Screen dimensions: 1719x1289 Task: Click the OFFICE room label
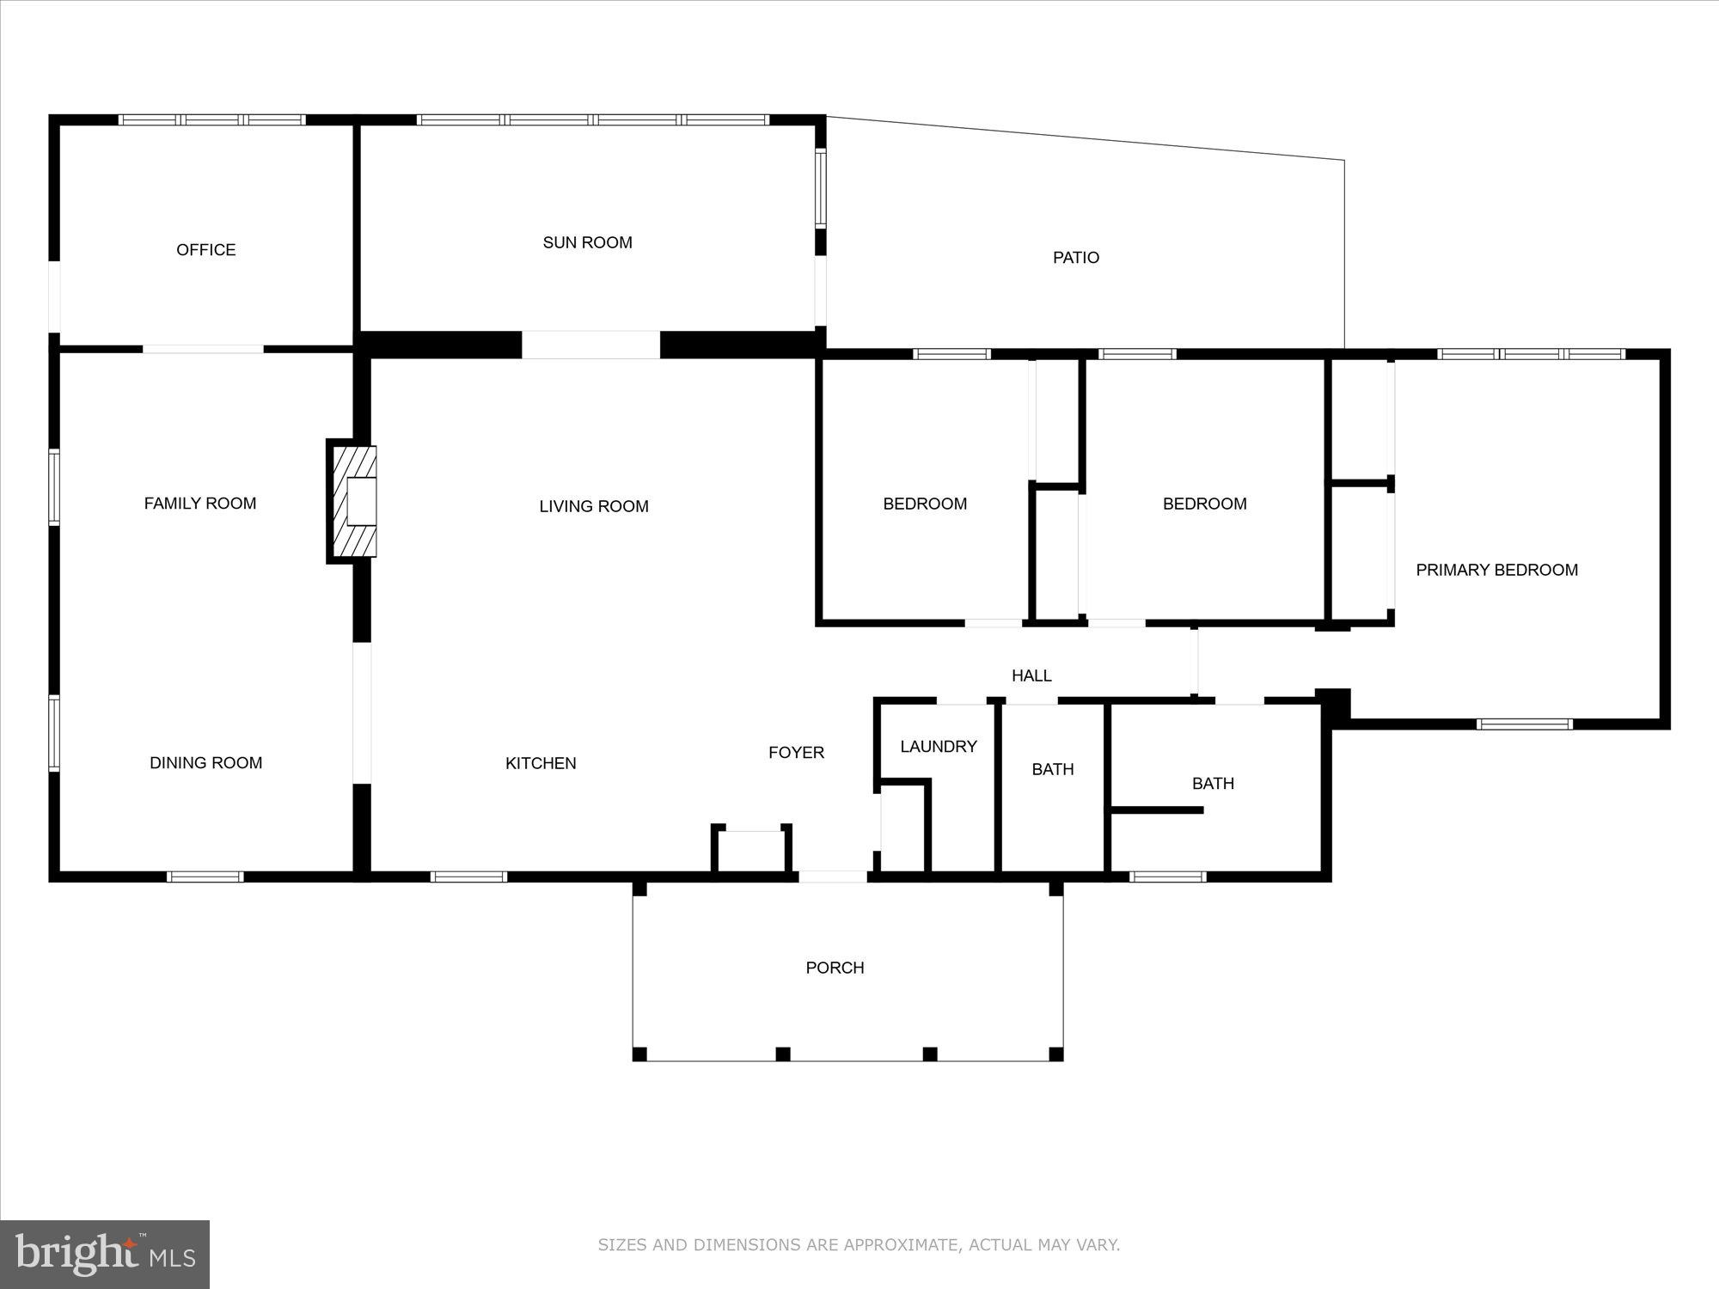pyautogui.click(x=206, y=250)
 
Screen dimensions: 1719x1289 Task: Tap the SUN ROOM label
pyautogui.click(x=588, y=243)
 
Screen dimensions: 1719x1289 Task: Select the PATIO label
pyautogui.click(x=1076, y=258)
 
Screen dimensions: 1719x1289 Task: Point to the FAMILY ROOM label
pyautogui.click(x=200, y=504)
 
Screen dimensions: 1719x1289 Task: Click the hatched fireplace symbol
pyautogui.click(x=352, y=501)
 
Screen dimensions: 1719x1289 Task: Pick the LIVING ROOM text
pyautogui.click(x=594, y=507)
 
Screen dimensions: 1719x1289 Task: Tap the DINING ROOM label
pyautogui.click(x=206, y=763)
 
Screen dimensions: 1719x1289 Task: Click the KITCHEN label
pyautogui.click(x=541, y=763)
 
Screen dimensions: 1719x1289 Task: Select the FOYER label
pyautogui.click(x=797, y=753)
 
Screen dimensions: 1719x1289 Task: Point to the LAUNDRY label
pyautogui.click(x=939, y=747)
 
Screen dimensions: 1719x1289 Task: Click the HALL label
pyautogui.click(x=1031, y=676)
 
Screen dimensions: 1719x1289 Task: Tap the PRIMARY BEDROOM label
pyautogui.click(x=1497, y=570)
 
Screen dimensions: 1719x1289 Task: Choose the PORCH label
pyautogui.click(x=835, y=968)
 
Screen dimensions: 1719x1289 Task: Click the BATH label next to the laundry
pyautogui.click(x=1053, y=770)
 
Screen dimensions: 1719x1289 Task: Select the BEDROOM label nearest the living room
pyautogui.click(x=925, y=504)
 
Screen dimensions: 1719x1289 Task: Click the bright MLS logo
pyautogui.click(x=105, y=1255)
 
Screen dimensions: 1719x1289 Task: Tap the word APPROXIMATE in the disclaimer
pyautogui.click(x=902, y=1245)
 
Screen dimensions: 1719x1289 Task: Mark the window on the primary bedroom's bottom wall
pyautogui.click(x=1525, y=724)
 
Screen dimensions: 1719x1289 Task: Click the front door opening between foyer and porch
pyautogui.click(x=833, y=877)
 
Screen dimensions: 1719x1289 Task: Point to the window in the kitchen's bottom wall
pyautogui.click(x=468, y=877)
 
